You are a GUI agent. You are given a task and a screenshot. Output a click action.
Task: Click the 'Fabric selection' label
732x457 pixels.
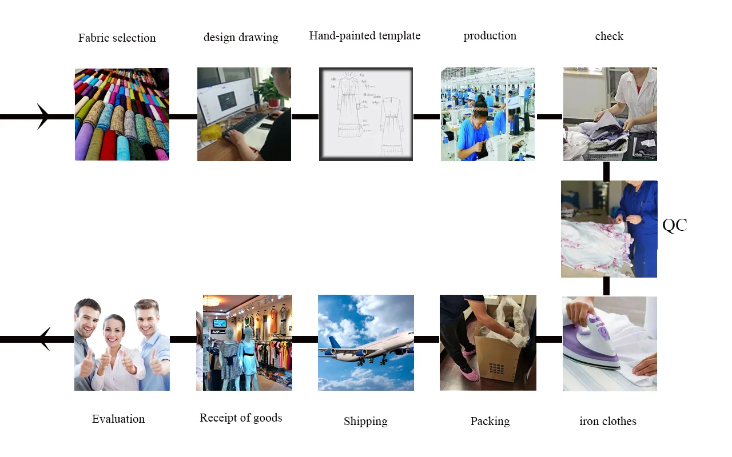(117, 38)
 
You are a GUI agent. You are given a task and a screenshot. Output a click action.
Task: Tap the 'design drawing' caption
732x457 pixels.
(241, 38)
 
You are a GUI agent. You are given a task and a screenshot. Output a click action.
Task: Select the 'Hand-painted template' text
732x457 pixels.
(364, 36)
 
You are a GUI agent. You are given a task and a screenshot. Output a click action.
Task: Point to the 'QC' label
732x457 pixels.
(675, 225)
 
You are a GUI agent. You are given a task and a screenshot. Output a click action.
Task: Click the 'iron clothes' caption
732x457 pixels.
(607, 422)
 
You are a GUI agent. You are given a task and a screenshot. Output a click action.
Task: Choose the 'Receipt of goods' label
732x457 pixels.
(241, 418)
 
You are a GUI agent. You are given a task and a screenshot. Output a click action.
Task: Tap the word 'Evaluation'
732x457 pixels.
(118, 419)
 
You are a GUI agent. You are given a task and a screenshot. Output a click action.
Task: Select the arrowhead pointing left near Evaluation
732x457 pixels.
(45, 339)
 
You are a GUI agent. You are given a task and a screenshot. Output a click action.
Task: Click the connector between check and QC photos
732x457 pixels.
(606, 171)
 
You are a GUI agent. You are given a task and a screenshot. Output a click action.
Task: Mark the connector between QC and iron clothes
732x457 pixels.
(606, 286)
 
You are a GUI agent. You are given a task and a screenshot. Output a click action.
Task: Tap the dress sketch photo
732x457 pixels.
(366, 114)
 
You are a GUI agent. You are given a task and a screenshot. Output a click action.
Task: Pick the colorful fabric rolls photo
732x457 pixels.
(122, 114)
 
